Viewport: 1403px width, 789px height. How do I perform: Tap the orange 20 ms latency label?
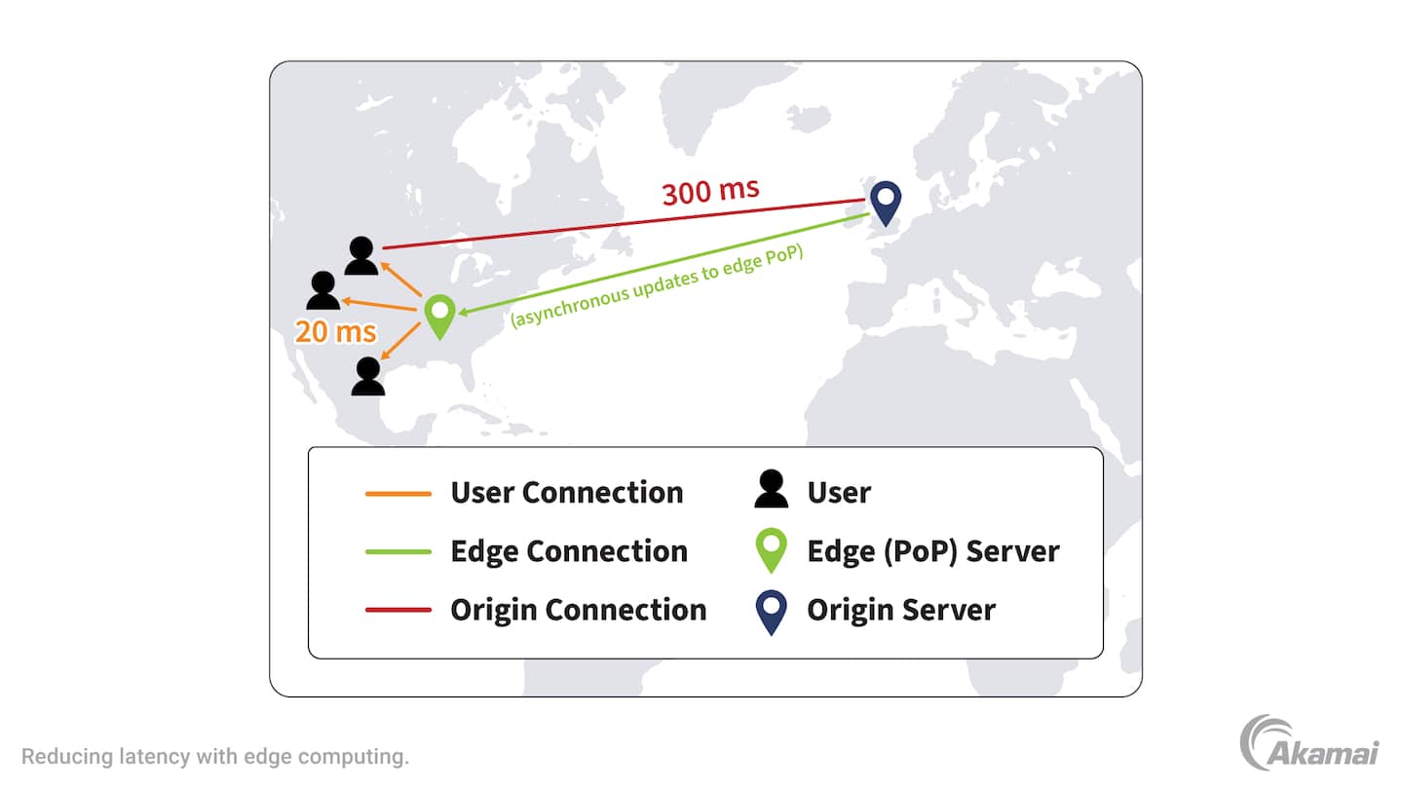335,332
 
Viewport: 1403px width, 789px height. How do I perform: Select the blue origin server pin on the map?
886,202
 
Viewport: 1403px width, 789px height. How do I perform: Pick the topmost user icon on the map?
361,256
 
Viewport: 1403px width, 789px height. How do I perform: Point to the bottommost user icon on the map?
367,376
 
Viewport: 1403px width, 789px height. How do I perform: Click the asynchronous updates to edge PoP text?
663,282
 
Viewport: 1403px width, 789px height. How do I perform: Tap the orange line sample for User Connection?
398,494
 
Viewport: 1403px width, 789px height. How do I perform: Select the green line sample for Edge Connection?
398,552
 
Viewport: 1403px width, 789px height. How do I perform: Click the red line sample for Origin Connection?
398,611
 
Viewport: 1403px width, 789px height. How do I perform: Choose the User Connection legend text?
566,493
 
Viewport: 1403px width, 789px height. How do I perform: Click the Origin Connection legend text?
578,610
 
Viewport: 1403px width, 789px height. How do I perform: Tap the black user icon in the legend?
771,490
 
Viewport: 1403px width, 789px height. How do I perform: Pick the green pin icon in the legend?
771,550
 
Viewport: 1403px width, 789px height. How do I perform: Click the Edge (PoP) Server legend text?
932,551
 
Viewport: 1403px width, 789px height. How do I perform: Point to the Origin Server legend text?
901,610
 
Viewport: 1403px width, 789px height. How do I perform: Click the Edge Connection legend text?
568,551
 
